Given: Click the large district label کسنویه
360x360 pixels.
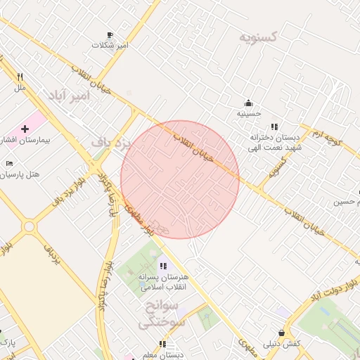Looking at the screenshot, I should tap(258, 37).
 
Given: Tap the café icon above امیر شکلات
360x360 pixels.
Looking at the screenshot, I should tap(110, 34).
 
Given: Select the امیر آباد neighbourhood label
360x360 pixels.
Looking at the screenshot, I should tap(71, 95).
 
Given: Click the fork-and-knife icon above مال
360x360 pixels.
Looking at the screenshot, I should tap(20, 77).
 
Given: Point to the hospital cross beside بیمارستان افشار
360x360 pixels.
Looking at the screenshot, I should tap(25, 129).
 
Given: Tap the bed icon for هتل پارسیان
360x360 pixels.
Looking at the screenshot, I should tap(9, 163).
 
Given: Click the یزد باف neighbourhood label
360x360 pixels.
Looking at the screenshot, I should tap(112, 143).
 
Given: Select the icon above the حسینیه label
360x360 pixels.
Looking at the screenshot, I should tap(248, 103).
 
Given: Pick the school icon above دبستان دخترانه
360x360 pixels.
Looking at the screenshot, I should tap(274, 127).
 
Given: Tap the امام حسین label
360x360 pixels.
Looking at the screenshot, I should tap(349, 202).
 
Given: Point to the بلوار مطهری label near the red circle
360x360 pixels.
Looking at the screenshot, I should tap(139, 219).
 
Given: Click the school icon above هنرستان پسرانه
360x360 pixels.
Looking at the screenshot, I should tap(163, 266).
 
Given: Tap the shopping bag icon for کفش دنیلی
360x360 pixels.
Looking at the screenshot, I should tap(281, 333).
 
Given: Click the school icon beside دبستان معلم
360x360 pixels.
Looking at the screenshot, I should tap(162, 344).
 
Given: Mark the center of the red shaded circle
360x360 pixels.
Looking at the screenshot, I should tap(180, 179).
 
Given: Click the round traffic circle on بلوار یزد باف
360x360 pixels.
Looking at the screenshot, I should tap(29, 227).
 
